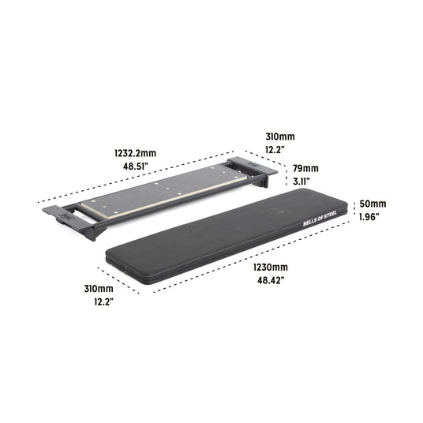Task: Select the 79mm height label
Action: [305, 168]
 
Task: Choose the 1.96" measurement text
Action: [369, 217]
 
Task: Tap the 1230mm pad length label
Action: [270, 267]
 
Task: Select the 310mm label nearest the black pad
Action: [102, 290]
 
